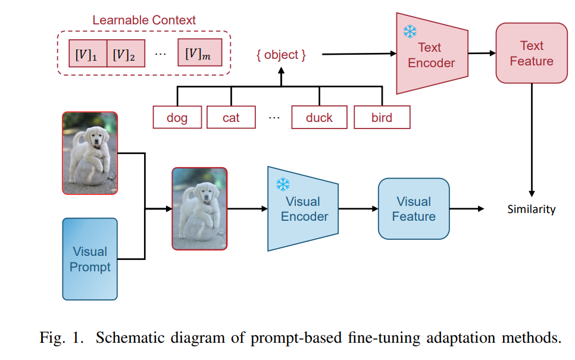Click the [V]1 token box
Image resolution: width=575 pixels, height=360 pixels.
click(x=87, y=53)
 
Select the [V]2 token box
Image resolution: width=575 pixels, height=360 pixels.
click(x=126, y=53)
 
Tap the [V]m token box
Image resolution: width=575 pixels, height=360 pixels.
click(x=200, y=52)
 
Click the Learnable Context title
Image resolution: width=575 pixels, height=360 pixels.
click(x=144, y=20)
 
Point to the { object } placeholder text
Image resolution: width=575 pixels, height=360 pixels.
click(x=281, y=55)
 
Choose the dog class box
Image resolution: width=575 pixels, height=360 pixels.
click(x=177, y=117)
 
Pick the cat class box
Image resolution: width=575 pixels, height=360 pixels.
click(x=231, y=117)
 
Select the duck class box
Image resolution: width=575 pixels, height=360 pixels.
click(x=320, y=117)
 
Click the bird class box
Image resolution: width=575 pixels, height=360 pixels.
click(x=382, y=117)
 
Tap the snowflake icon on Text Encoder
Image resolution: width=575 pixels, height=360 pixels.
click(x=410, y=32)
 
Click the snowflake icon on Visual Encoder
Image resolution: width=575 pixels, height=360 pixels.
click(x=283, y=184)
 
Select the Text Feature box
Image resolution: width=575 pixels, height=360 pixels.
click(x=532, y=53)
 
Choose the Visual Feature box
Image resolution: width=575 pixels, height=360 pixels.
click(x=414, y=209)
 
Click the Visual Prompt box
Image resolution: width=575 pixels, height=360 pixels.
click(x=90, y=259)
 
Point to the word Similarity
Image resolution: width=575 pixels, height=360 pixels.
click(x=532, y=209)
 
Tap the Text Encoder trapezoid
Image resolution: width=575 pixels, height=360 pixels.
click(x=432, y=54)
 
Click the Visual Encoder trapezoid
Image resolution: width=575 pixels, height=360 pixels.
click(x=303, y=209)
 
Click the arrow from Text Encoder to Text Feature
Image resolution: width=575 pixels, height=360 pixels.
click(x=482, y=54)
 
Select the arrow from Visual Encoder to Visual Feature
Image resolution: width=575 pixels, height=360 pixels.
click(x=358, y=209)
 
